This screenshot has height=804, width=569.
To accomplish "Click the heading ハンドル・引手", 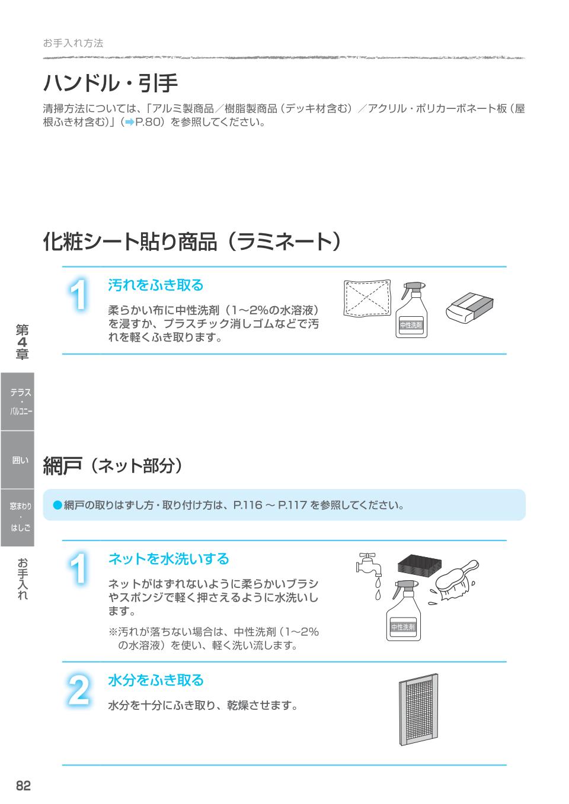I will (x=110, y=83).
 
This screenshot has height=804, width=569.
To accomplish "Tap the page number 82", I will (x=23, y=786).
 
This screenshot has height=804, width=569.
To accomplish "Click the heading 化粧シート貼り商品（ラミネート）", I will (x=192, y=242).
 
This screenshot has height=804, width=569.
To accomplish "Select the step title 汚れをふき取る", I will (x=155, y=285).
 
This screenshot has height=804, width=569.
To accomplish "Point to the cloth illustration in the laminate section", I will (x=367, y=299).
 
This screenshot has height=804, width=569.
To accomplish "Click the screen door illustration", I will (x=418, y=709).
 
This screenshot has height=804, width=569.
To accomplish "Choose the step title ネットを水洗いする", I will (x=168, y=559).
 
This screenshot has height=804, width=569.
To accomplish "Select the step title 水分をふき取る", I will (x=155, y=680).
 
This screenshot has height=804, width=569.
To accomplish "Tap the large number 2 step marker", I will (x=78, y=691).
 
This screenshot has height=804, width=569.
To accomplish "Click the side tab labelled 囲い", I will (x=17, y=460).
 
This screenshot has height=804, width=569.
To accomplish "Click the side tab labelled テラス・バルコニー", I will (x=17, y=401).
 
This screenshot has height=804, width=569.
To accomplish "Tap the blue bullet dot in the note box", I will (x=57, y=505).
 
